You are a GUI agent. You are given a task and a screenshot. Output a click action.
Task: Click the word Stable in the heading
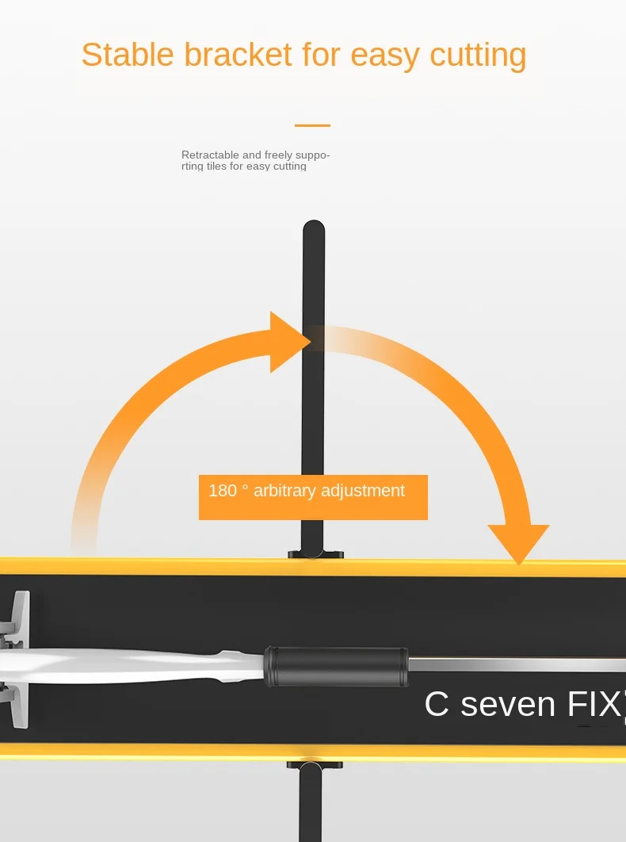(128, 55)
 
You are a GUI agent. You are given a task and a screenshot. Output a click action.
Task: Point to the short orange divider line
(312, 125)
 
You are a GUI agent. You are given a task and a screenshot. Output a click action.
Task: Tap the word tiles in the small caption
(216, 166)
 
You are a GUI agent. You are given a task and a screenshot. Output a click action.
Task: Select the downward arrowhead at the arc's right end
(518, 543)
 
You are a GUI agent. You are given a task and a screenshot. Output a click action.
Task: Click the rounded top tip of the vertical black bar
(314, 229)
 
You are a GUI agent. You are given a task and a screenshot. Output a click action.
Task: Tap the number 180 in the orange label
(223, 491)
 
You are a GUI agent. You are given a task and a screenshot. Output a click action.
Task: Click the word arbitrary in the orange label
(284, 491)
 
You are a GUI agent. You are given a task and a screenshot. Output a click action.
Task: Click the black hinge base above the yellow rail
(315, 553)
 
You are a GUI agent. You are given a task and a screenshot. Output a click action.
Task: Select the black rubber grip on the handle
(337, 665)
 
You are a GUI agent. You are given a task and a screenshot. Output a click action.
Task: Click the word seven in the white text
(506, 704)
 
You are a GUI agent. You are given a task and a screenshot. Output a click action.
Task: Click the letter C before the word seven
(437, 704)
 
